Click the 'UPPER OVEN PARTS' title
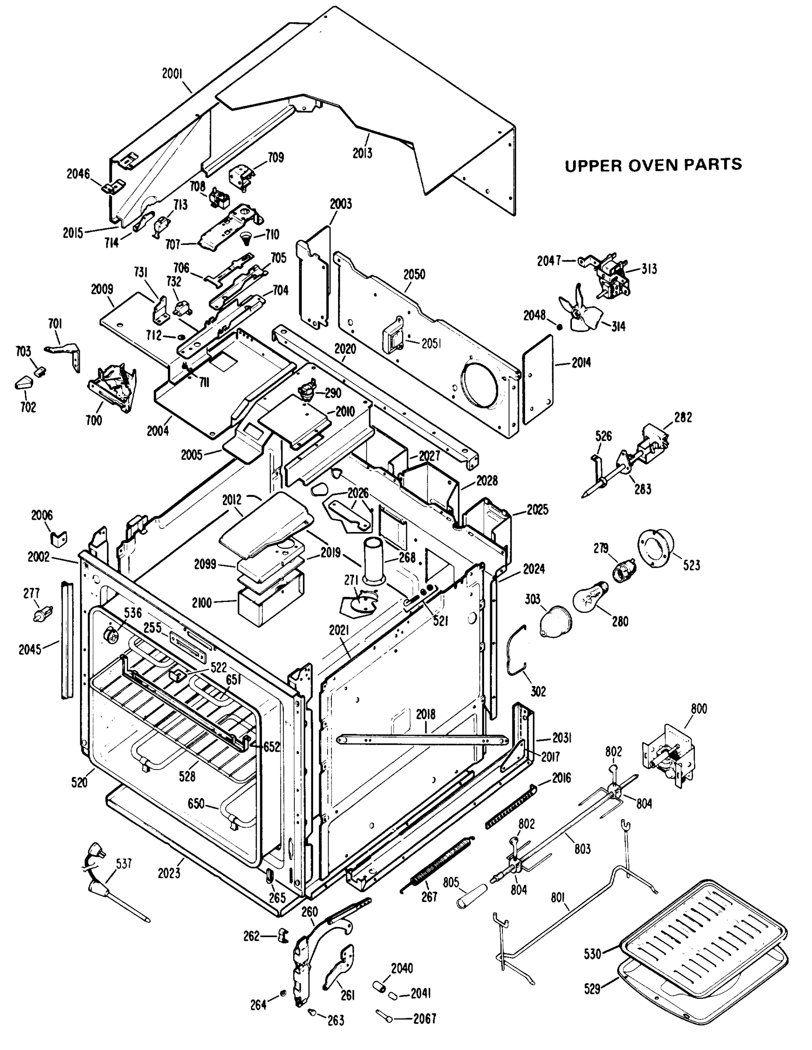coord(653,165)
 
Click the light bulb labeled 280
coord(589,595)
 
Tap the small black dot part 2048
coord(559,326)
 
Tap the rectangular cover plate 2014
coord(538,379)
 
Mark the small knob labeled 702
coord(23,384)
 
